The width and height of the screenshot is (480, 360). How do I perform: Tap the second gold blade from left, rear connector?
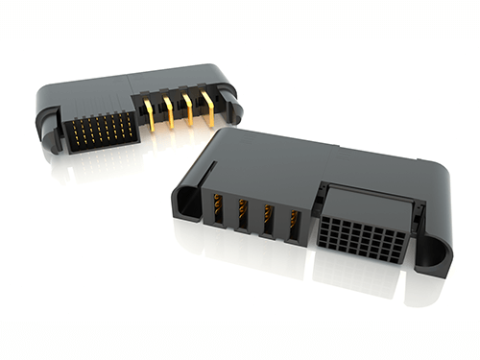click(x=168, y=110)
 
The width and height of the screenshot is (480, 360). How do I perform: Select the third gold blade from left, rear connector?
click(x=188, y=109)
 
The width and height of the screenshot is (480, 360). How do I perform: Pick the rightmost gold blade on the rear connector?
click(x=208, y=108)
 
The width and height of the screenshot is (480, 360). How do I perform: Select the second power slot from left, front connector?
click(x=243, y=215)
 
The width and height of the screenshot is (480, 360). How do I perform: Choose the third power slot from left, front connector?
click(x=268, y=220)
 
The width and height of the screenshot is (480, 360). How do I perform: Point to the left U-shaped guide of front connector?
click(x=183, y=201)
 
